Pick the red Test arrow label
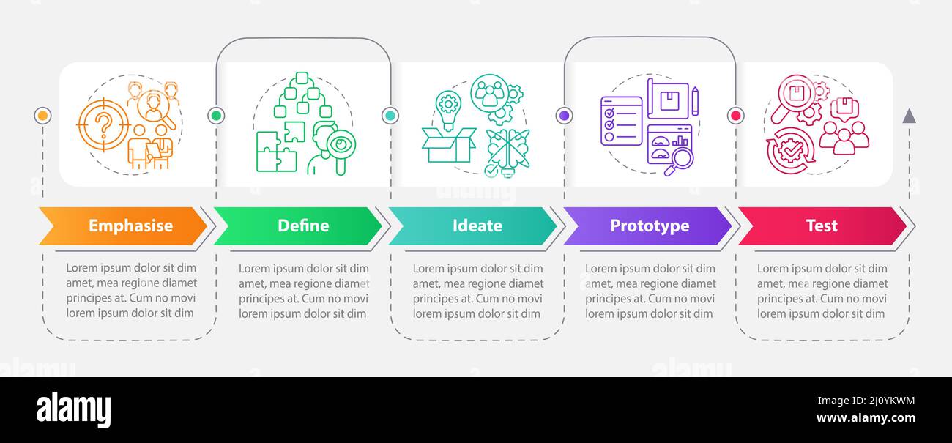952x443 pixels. click(x=822, y=226)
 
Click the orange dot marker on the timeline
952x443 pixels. click(x=42, y=116)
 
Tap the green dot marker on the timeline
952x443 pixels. click(x=216, y=116)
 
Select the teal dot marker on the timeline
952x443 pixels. click(x=390, y=116)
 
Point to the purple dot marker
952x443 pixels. click(x=564, y=116)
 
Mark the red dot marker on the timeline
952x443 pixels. click(x=736, y=116)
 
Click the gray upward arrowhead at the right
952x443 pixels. click(x=909, y=116)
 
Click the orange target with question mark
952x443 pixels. click(x=104, y=126)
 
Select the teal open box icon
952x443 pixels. click(x=448, y=144)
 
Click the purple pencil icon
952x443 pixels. click(x=694, y=101)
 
